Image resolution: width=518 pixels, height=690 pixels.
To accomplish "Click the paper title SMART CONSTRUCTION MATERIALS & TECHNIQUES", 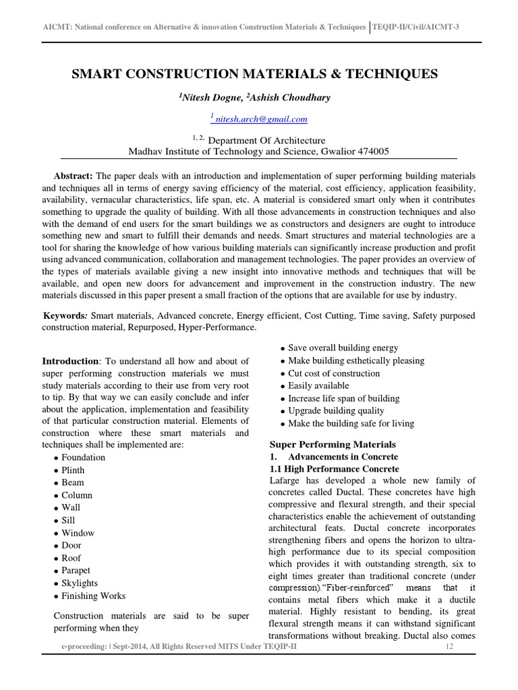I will click(254, 73).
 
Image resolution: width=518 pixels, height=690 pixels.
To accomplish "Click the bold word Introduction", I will click(70, 361).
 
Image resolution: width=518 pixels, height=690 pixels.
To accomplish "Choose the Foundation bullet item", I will click(83, 458).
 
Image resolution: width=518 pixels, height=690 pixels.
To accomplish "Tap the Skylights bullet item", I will click(79, 583).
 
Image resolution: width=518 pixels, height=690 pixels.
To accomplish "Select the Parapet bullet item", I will click(77, 570).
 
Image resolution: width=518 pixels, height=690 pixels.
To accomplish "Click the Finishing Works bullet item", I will click(93, 596).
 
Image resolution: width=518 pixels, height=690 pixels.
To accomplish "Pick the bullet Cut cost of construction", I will click(333, 373).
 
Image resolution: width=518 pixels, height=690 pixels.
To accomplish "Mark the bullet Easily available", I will click(318, 385).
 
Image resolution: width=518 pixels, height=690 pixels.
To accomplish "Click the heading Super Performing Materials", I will click(333, 445).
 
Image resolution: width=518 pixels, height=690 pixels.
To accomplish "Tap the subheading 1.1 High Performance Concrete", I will click(334, 468).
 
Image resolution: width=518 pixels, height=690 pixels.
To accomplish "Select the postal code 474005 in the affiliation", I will click(369, 152).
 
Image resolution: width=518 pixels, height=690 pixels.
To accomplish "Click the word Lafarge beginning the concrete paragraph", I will click(286, 480).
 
